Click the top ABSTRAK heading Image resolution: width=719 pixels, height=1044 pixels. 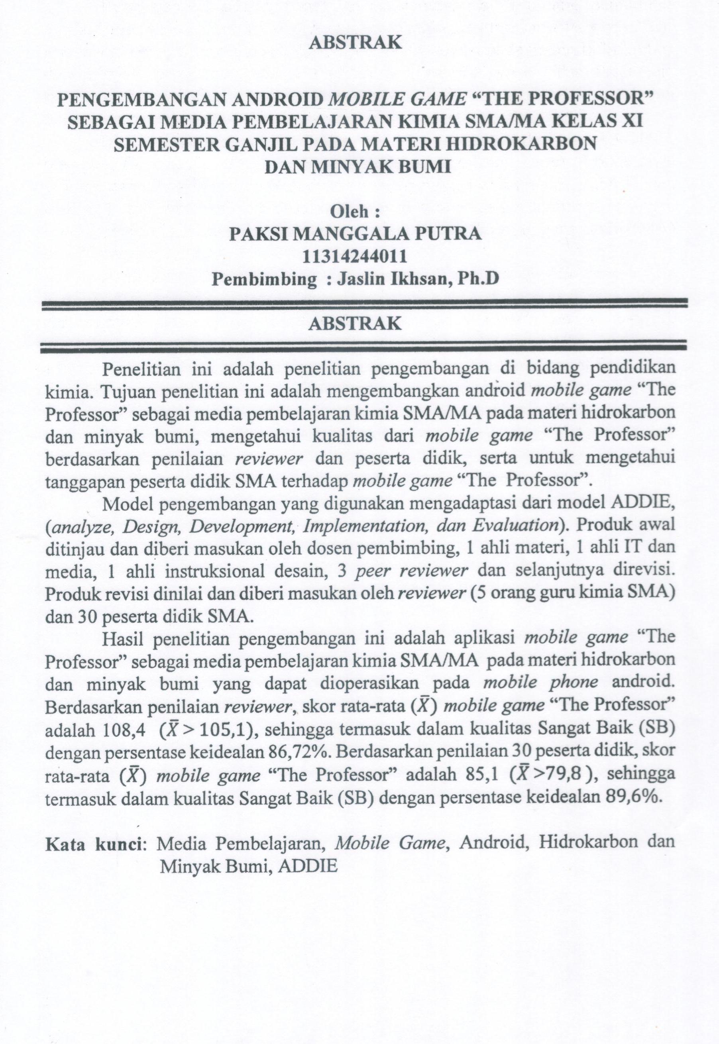tap(355, 42)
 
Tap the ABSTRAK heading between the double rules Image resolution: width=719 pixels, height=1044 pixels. tap(355, 324)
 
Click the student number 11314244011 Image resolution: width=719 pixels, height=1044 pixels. tap(355, 256)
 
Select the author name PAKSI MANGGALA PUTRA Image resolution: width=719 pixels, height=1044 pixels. tap(355, 234)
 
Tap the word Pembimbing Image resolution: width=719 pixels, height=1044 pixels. tap(265, 279)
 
